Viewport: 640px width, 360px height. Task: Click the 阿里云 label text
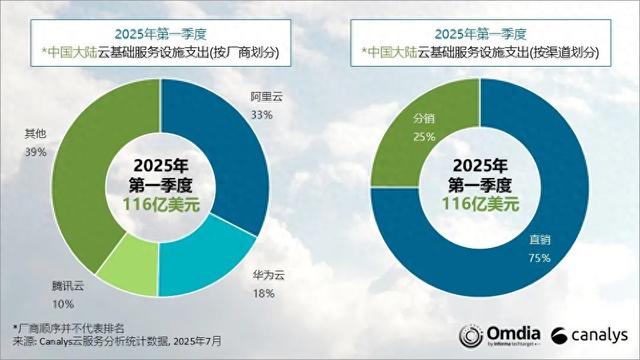pyautogui.click(x=264, y=97)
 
